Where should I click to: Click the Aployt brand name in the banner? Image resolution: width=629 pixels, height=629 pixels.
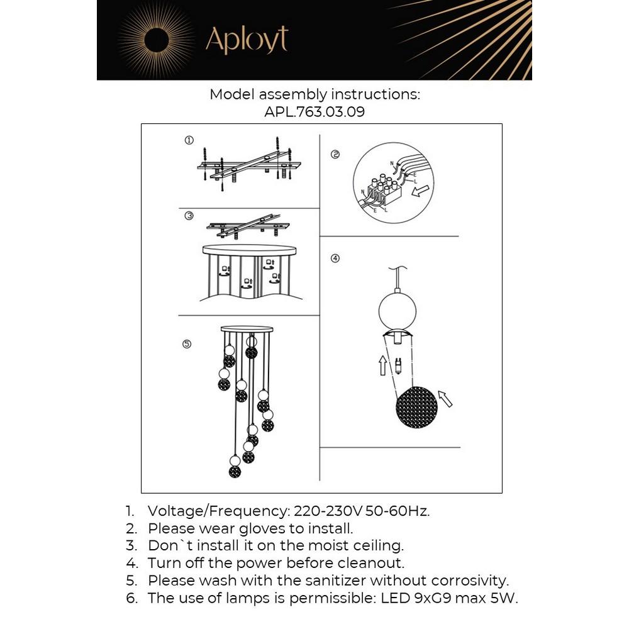(x=247, y=40)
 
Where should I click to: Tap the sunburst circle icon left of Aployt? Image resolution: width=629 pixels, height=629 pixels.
(x=153, y=40)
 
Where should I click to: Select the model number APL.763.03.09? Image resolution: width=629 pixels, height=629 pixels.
(x=314, y=113)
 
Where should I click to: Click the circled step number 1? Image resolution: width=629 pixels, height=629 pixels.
(x=189, y=140)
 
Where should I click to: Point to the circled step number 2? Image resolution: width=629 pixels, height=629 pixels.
(x=335, y=154)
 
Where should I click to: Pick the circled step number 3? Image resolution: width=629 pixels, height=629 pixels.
(x=189, y=216)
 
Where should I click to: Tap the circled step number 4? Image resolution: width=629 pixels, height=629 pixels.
(x=335, y=258)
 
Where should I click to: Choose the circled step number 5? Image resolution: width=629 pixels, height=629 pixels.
(x=187, y=343)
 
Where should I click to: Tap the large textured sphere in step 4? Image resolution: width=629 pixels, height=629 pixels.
(x=416, y=408)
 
